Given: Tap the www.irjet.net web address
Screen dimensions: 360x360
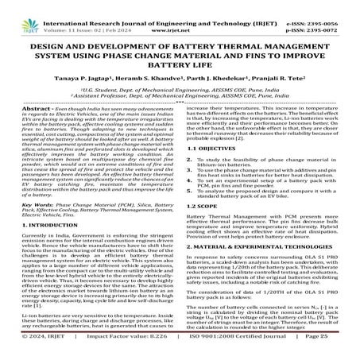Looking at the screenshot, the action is (181, 16).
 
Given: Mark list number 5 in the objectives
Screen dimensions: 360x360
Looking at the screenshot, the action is (192, 211).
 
